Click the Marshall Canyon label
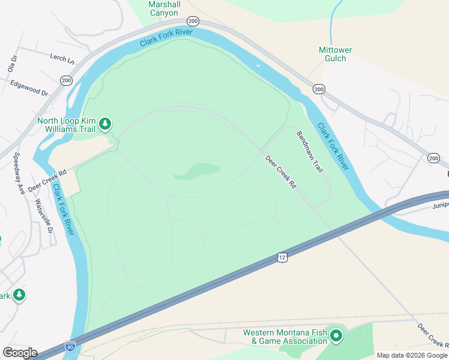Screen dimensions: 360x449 [164, 8]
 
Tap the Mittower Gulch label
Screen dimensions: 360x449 [335, 54]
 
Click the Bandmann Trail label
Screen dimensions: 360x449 [310, 152]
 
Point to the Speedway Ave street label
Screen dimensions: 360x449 [19, 173]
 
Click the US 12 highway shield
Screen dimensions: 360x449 [282, 257]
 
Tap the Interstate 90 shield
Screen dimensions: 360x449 [70, 346]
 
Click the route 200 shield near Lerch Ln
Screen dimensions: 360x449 [66, 80]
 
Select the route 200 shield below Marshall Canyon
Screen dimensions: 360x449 [192, 20]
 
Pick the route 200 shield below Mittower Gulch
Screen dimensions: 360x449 [319, 89]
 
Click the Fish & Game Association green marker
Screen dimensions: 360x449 [336, 337]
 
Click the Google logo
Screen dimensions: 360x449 [20, 353]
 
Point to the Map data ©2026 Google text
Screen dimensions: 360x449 [412, 355]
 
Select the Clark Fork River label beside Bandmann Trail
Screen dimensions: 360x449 [333, 146]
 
